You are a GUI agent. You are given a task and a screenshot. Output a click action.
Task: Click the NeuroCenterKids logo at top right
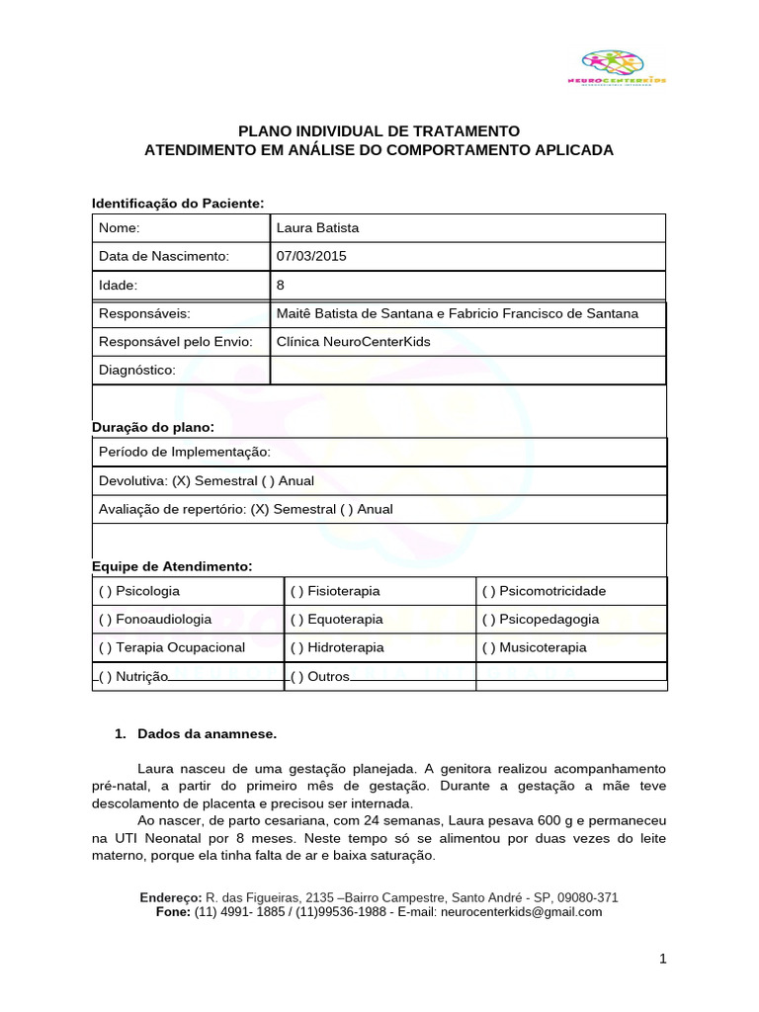[x=624, y=68]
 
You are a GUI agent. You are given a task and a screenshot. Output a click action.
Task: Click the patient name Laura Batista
[x=318, y=228]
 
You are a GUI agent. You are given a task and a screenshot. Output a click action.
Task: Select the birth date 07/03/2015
[x=312, y=257]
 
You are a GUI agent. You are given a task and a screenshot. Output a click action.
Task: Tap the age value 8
[x=282, y=286]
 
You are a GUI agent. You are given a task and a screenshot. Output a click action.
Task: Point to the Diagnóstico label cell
[x=137, y=371]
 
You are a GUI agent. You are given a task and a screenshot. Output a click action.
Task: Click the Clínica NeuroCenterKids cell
[x=354, y=342]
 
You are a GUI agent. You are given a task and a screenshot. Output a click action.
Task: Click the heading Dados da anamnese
[x=208, y=735]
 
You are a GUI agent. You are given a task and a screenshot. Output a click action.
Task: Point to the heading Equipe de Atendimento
[x=172, y=566]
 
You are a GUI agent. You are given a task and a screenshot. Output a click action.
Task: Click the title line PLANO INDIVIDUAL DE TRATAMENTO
[x=379, y=131]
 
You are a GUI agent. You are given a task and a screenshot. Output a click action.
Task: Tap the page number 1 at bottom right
[x=664, y=960]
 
